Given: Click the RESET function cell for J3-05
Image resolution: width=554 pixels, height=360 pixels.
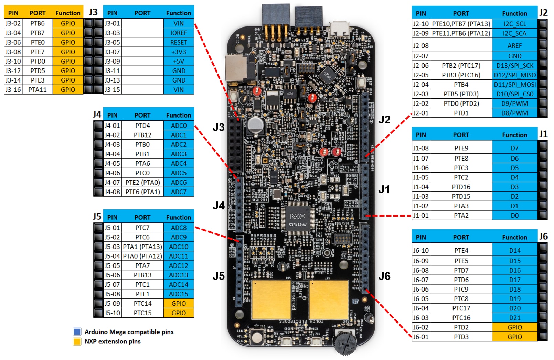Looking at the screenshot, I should pos(179,42).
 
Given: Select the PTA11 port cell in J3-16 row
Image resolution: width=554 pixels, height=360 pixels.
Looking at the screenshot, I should pos(38,90).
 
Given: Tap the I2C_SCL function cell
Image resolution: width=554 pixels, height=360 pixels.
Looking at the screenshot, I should pos(514,24).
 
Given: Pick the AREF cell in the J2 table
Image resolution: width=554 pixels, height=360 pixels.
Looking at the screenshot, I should pos(514,46).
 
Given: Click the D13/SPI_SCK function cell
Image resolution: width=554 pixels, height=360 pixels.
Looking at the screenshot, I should pos(514,65).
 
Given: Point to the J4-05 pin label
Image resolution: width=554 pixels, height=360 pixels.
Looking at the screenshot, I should pos(112,163).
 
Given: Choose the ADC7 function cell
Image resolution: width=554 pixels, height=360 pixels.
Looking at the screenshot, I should pos(179,192).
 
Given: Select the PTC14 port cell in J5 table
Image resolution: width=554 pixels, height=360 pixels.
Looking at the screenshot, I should pos(142,303).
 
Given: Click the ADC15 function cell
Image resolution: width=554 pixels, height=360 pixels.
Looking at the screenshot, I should pos(179,294).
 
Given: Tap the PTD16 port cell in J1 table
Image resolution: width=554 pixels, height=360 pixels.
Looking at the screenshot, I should pos(461,187).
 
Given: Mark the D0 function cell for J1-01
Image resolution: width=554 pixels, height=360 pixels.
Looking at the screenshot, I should pos(514,215).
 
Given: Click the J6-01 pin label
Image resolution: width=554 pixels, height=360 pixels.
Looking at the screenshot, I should pos(421,337).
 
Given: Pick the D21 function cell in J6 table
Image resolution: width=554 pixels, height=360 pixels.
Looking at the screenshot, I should pos(514,318).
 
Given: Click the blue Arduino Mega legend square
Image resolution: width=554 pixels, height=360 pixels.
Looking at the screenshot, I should pos(77,332).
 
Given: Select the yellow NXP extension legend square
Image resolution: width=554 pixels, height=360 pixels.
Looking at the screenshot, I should pos(77,341).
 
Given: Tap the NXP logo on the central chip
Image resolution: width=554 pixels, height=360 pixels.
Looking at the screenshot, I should pos(297,216).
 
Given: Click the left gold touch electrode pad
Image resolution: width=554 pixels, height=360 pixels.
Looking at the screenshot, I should pos(271,299).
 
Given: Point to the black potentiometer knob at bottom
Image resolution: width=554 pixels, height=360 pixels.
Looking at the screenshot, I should pos(345,342).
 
